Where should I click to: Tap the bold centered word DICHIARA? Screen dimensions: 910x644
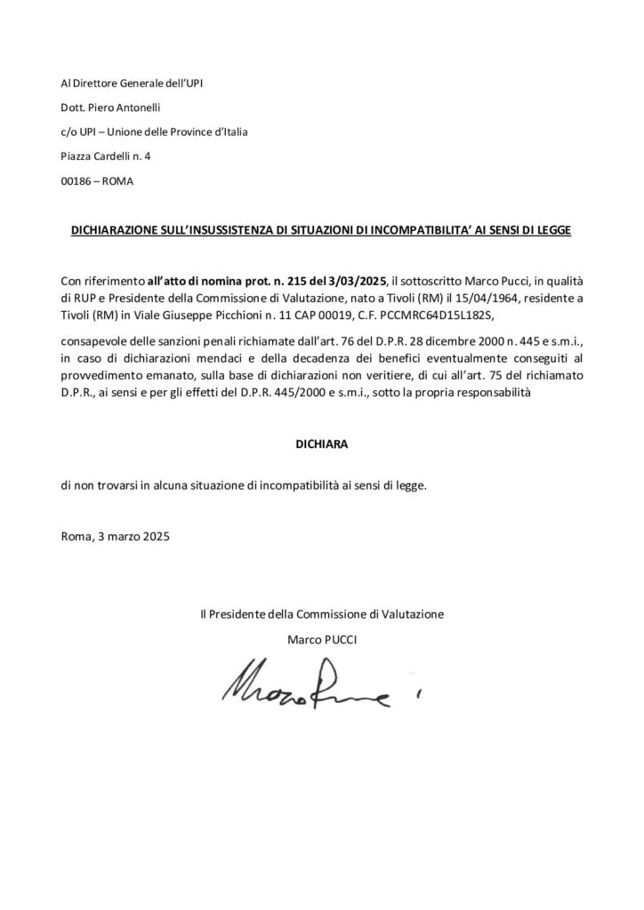point(322,441)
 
